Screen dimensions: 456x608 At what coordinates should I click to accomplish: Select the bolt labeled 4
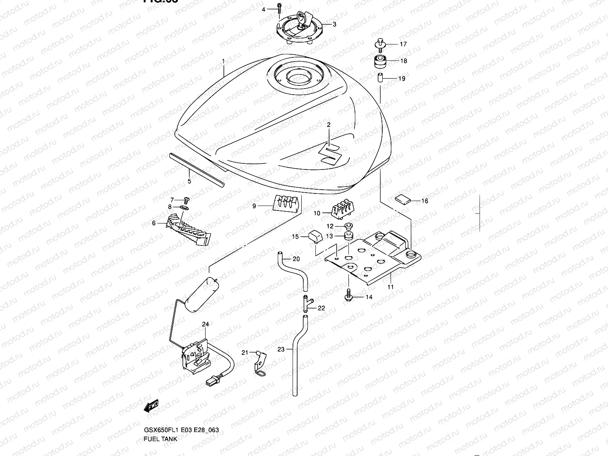279,7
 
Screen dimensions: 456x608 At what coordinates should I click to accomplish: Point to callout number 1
223,61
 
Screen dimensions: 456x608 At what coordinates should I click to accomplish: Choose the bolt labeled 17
379,43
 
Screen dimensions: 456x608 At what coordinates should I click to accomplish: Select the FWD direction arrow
151,406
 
